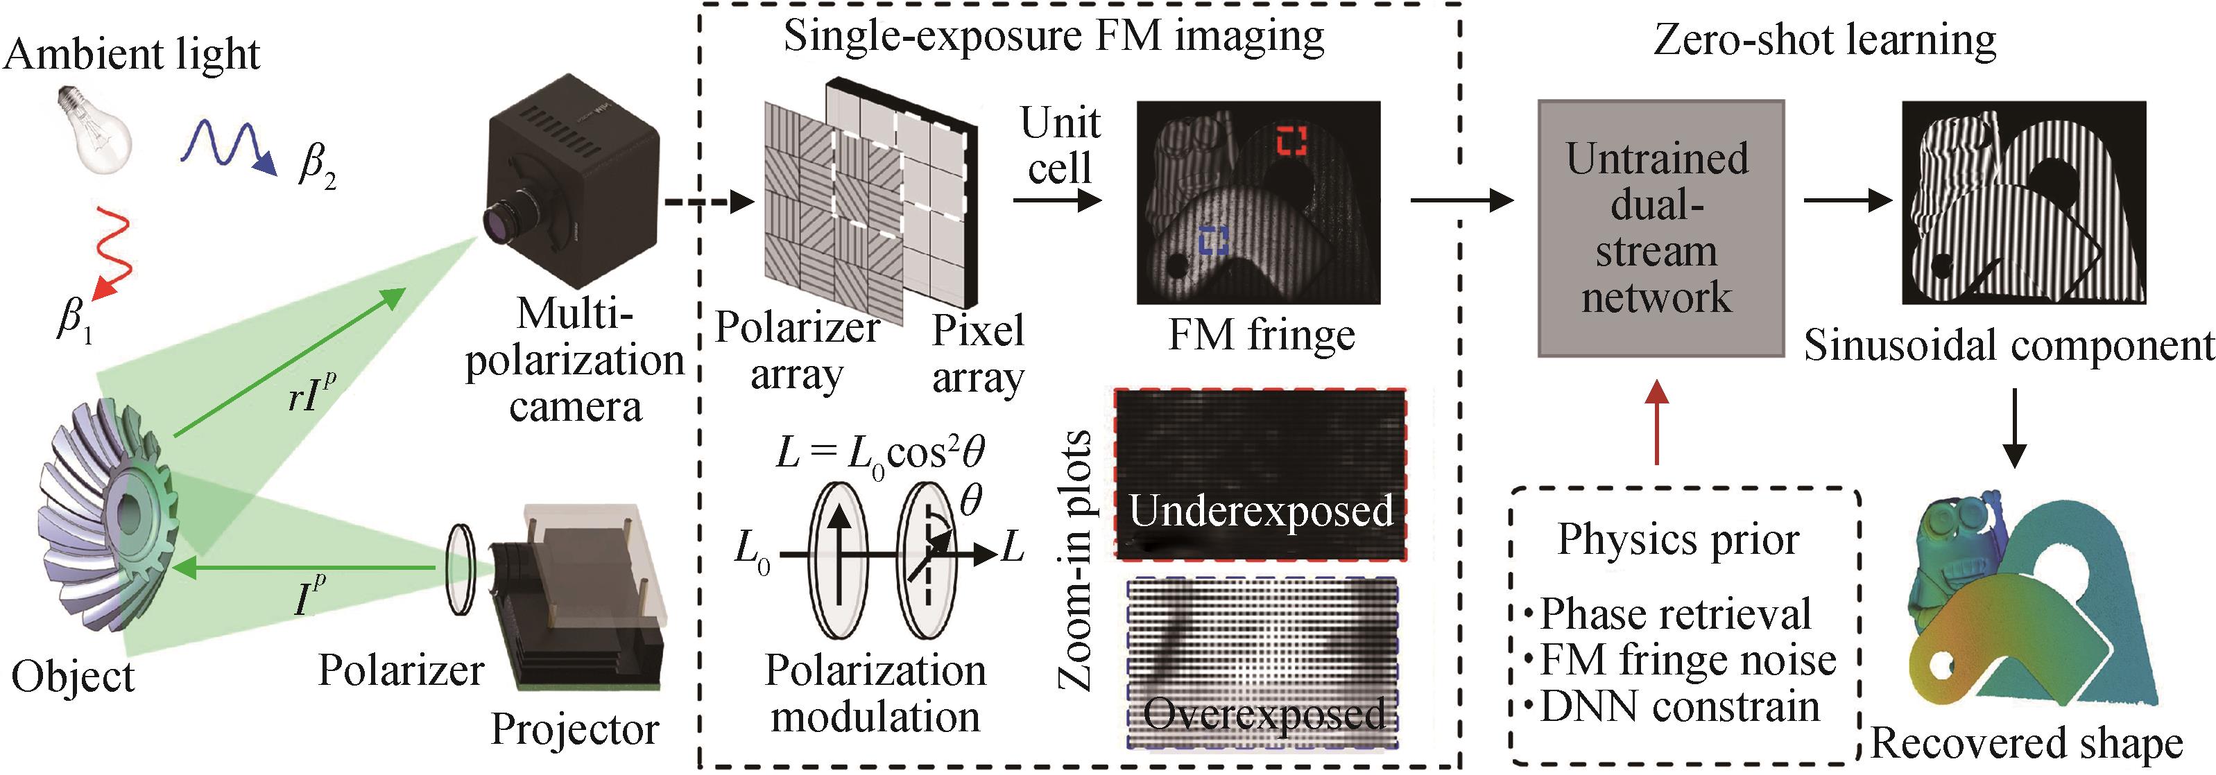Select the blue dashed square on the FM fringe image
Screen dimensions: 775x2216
1214,240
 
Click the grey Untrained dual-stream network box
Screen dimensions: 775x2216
1660,228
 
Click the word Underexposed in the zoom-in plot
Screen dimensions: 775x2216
1260,511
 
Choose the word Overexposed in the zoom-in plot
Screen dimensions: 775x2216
1264,713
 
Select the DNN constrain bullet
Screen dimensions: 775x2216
1678,707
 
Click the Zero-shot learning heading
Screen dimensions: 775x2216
1823,40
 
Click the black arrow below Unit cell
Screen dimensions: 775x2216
1057,200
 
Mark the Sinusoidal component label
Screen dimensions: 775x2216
2008,346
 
